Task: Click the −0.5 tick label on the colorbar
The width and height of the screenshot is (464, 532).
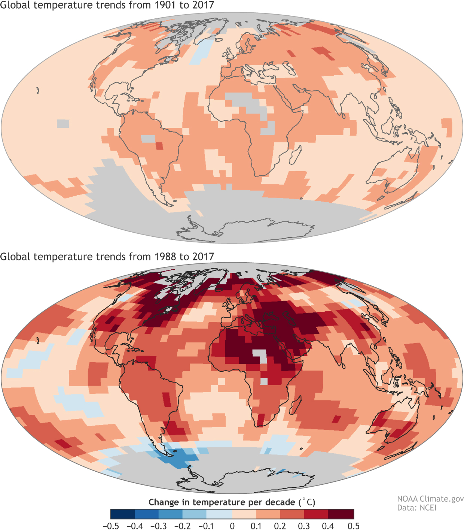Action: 111,526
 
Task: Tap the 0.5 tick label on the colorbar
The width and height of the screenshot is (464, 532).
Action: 353,526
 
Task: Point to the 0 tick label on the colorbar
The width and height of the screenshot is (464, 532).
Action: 232,526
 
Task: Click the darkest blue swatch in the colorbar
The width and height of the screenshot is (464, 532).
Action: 123,514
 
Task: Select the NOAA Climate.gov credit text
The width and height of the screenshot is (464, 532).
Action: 430,499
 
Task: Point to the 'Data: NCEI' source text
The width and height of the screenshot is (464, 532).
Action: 416,508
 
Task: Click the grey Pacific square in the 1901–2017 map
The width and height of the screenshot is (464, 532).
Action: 63,123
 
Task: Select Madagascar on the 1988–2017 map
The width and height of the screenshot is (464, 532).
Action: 295,406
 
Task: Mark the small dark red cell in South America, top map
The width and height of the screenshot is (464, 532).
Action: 159,146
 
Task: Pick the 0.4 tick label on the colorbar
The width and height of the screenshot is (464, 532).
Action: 328,526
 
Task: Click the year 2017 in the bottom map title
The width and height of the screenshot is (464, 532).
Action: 204,257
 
